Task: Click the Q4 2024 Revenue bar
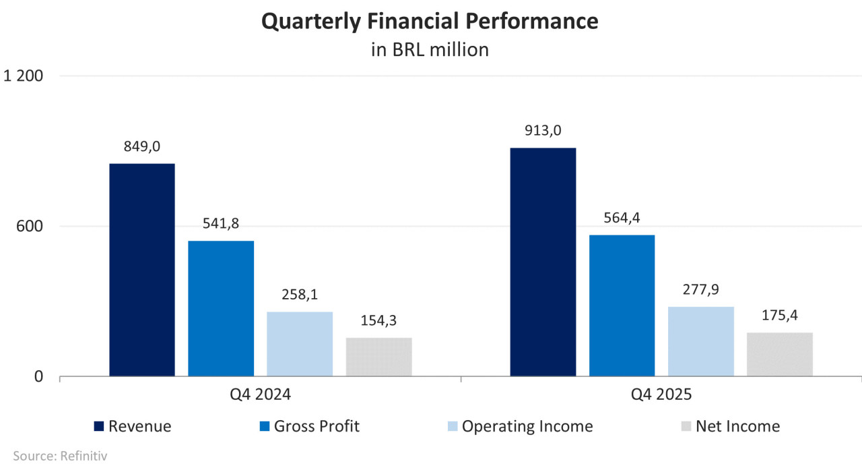tap(142, 270)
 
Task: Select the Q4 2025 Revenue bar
tap(543, 262)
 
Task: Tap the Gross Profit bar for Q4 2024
tap(221, 308)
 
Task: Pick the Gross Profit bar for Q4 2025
tap(622, 305)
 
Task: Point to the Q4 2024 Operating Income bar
tap(300, 344)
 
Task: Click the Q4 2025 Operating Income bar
tap(701, 341)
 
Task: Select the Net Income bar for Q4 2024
tap(378, 357)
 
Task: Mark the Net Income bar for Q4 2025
tap(780, 354)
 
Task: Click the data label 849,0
tap(142, 147)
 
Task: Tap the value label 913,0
tap(543, 131)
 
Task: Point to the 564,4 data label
tap(622, 218)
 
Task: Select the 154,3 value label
tap(378, 321)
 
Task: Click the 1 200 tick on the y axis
tap(23, 76)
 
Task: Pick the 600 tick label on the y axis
tap(30, 226)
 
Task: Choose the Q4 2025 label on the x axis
tap(661, 395)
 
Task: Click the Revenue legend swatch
tap(99, 426)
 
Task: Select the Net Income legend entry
tap(731, 426)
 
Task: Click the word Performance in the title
tap(532, 21)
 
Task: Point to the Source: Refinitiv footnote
tap(60, 456)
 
